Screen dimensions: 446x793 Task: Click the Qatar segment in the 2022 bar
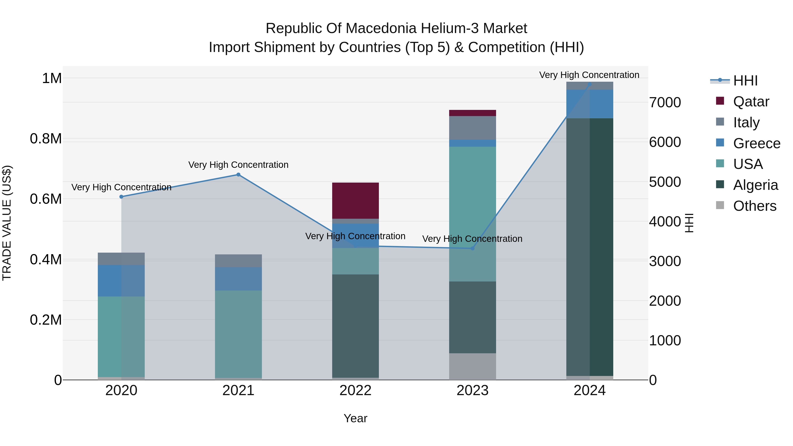tap(355, 200)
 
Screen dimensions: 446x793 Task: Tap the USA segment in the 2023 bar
tap(472, 214)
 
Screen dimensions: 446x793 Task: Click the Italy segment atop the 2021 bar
tap(238, 261)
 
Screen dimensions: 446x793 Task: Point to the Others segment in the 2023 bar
tap(472, 366)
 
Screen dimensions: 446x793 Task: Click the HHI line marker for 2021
tap(238, 174)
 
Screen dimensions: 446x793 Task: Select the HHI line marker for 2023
tap(472, 248)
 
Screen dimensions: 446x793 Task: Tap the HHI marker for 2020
tap(121, 197)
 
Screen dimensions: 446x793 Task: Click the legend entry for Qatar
tap(751, 102)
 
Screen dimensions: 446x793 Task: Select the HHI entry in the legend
tap(745, 81)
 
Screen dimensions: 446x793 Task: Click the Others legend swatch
tap(720, 205)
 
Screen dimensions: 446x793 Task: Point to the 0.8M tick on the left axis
tap(46, 139)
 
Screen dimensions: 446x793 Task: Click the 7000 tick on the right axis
tap(665, 102)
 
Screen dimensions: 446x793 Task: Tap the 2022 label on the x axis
tap(355, 390)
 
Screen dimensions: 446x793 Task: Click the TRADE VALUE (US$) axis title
tap(7, 223)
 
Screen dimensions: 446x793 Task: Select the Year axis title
tap(355, 418)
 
